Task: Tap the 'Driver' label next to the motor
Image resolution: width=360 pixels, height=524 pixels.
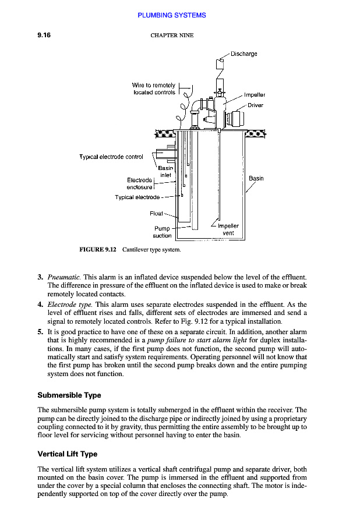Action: coord(255,105)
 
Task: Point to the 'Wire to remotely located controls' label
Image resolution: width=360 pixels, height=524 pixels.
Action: coord(154,89)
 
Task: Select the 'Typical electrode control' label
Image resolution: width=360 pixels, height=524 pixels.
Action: coord(111,157)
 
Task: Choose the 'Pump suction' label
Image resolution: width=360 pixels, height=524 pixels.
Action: coord(162,232)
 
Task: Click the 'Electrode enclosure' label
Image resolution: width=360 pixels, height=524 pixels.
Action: coord(140,184)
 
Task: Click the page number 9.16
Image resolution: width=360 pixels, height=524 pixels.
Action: coord(44,36)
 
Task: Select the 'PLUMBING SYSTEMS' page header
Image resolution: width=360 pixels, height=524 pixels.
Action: coord(172,15)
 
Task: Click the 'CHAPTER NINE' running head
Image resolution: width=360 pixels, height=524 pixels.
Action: coord(172,36)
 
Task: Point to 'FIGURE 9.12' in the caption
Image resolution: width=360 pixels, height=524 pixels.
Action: coord(98,250)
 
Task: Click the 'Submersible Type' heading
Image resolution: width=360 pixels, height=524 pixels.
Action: coord(69,395)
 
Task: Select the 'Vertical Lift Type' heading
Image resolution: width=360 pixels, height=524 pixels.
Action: coord(68,454)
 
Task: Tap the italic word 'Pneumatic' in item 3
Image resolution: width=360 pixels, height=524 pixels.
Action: coord(64,277)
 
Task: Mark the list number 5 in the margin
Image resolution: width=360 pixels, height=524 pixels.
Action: coord(40,332)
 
